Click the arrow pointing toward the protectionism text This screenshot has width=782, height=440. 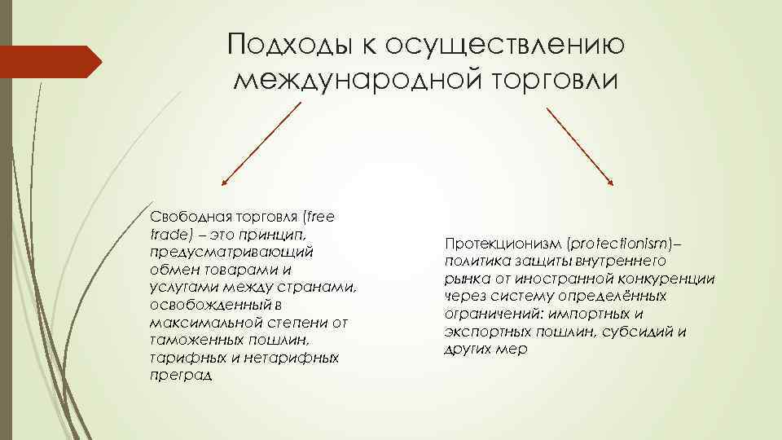[580, 143]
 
